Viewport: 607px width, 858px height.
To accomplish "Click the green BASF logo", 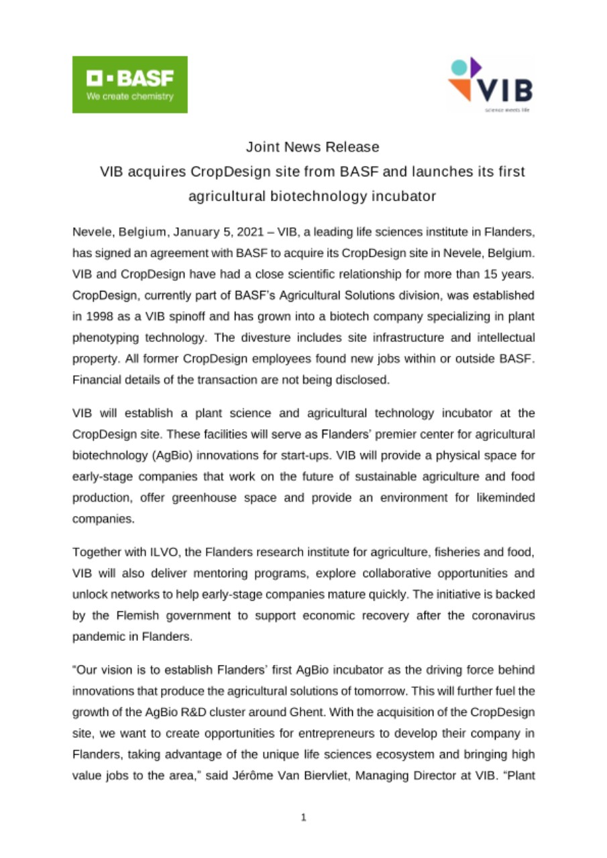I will tap(129, 84).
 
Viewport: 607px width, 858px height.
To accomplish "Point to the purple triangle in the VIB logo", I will tap(475, 66).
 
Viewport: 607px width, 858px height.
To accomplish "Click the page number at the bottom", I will tap(304, 818).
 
